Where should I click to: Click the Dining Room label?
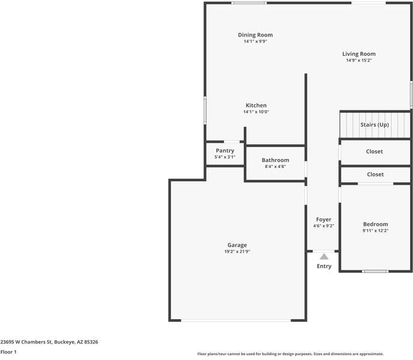255,35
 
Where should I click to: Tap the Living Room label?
359,54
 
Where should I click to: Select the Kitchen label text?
256,106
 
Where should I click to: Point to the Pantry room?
225,154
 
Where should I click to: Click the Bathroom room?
275,163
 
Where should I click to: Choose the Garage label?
237,245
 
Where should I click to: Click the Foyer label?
324,220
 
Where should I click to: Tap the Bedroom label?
375,224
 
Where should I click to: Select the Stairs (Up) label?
375,125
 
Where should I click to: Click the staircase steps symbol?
350,125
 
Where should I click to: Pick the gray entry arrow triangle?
324,256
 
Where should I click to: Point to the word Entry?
324,266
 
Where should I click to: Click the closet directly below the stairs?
375,152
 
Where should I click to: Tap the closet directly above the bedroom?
375,175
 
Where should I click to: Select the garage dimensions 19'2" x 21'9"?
237,251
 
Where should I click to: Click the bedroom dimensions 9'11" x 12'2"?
375,231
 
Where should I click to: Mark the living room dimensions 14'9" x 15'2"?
359,61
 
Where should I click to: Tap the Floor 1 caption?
8,352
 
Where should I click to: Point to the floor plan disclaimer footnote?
291,354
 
